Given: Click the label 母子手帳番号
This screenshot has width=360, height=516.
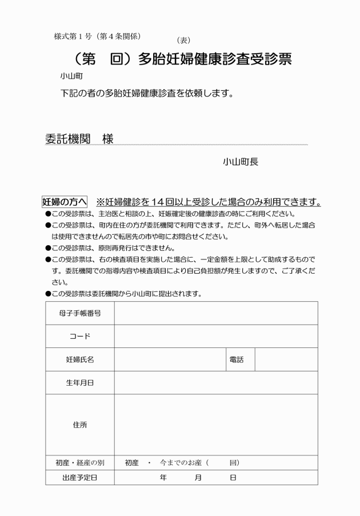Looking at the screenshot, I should tap(80, 313).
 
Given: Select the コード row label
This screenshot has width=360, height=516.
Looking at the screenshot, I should tap(80, 337).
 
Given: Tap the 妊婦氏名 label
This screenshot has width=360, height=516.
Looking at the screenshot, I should tap(80, 360).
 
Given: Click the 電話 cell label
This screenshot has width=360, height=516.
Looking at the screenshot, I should tap(237, 360).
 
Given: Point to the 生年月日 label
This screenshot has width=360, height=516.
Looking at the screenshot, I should tap(80, 383).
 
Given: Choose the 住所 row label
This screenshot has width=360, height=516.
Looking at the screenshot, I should tap(80, 425).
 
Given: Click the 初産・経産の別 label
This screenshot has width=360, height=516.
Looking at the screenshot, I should tap(80, 462).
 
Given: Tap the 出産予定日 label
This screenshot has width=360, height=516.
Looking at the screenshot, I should tap(80, 477).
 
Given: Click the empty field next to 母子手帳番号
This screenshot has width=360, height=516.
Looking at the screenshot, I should tap(216, 313).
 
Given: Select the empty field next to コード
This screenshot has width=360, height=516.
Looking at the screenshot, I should tap(216, 337).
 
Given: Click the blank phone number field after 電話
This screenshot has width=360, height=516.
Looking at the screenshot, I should tap(286, 360).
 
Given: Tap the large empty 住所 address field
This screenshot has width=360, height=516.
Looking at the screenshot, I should tap(216, 425).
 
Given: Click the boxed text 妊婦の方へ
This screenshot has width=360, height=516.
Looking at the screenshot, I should tap(65, 202).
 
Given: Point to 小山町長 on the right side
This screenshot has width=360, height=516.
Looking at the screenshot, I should tap(241, 162).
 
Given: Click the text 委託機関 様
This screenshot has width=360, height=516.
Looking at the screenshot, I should tap(79, 139).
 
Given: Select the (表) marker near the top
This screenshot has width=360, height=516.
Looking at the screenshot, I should tap(183, 40).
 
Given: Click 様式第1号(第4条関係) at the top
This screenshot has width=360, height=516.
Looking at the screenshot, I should tap(97, 36).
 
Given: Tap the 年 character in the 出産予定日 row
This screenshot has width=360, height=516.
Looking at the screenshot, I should tap(163, 477).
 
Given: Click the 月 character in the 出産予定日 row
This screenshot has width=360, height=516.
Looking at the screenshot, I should tap(198, 477).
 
